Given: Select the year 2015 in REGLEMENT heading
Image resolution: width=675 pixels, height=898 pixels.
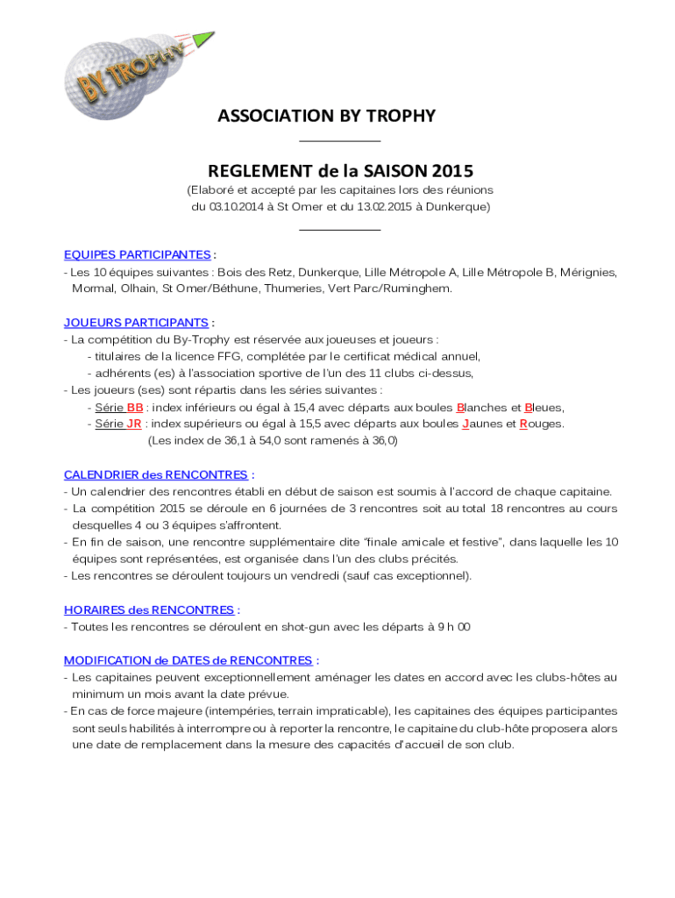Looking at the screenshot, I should click(x=450, y=170).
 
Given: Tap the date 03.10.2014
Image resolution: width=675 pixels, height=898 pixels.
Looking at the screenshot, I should click(x=241, y=207).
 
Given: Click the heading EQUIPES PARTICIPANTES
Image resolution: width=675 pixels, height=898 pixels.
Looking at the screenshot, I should click(x=137, y=254).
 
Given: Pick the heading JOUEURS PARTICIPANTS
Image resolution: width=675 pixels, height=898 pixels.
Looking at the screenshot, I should click(x=136, y=323).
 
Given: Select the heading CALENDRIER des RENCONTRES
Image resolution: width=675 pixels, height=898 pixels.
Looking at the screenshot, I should click(x=155, y=474).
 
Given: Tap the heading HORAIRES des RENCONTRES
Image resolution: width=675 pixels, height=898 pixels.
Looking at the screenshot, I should click(x=148, y=609).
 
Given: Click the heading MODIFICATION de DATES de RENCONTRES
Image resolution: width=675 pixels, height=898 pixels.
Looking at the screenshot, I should click(x=188, y=660).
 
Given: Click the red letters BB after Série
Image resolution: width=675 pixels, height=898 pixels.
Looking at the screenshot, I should click(x=135, y=408).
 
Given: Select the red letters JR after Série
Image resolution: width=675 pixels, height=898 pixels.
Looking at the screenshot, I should click(x=134, y=424).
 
